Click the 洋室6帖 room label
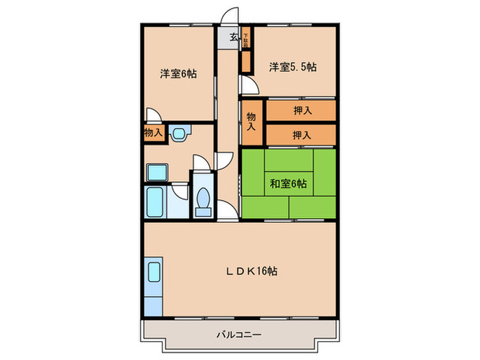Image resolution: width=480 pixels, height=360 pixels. [x=179, y=73]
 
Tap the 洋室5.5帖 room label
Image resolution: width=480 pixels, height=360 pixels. [x=292, y=67]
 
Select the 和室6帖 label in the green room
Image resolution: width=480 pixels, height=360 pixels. [x=288, y=183]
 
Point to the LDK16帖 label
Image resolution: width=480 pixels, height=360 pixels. [x=253, y=271]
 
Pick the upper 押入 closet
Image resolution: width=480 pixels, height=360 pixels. [x=301, y=110]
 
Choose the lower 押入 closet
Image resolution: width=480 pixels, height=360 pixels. [x=301, y=134]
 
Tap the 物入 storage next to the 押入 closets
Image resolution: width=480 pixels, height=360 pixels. [x=252, y=122]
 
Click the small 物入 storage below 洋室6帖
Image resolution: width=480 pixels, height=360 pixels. [x=153, y=133]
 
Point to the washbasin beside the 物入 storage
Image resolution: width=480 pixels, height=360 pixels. [x=180, y=134]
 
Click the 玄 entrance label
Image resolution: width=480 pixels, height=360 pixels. [x=234, y=38]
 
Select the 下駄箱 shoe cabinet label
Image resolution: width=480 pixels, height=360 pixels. [x=245, y=42]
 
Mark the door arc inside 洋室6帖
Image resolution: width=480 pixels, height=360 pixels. [x=154, y=117]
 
